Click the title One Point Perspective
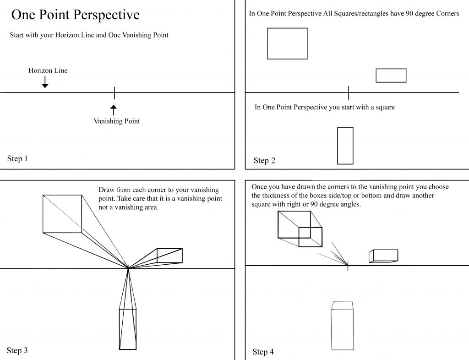click(75, 15)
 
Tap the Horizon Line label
click(48, 71)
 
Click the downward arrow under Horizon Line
click(45, 82)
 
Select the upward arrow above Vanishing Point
click(114, 109)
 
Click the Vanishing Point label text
click(117, 121)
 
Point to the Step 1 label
click(17, 159)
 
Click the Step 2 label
click(264, 160)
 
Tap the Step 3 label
click(17, 350)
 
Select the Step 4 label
click(263, 352)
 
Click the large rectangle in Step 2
click(287, 44)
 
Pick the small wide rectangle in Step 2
click(391, 76)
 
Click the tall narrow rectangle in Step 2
click(345, 146)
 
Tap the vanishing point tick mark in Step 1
click(115, 93)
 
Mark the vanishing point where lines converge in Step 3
click(128, 268)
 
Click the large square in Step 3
click(62, 214)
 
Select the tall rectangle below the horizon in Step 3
click(128, 329)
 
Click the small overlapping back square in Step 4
click(310, 237)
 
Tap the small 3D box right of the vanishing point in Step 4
click(383, 256)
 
